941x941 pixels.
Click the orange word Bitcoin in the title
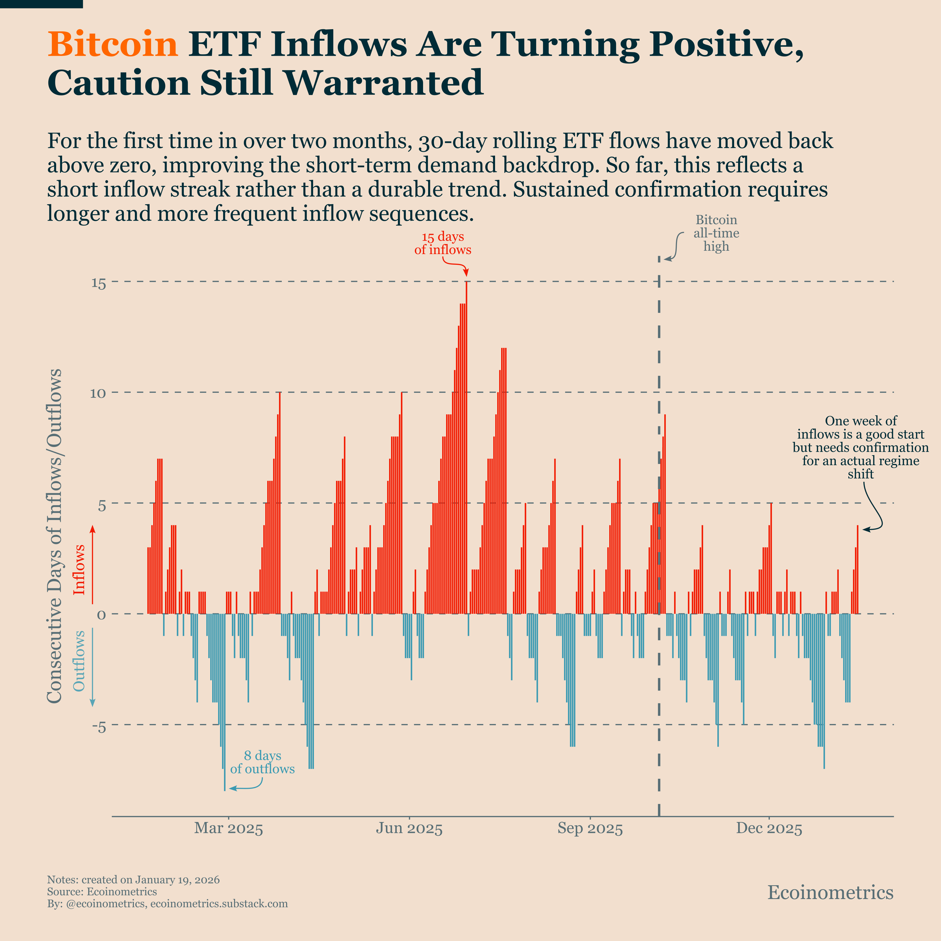tap(113, 44)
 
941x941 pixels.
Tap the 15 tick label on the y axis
tap(99, 283)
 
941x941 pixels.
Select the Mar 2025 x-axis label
tap(228, 828)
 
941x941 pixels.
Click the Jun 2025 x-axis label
tap(409, 828)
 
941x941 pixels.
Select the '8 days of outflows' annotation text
tap(262, 762)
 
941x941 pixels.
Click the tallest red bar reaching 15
tap(466, 438)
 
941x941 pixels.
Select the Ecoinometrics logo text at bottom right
tap(830, 892)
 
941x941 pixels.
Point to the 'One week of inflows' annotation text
tap(860, 447)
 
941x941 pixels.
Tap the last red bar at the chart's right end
tap(857, 570)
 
